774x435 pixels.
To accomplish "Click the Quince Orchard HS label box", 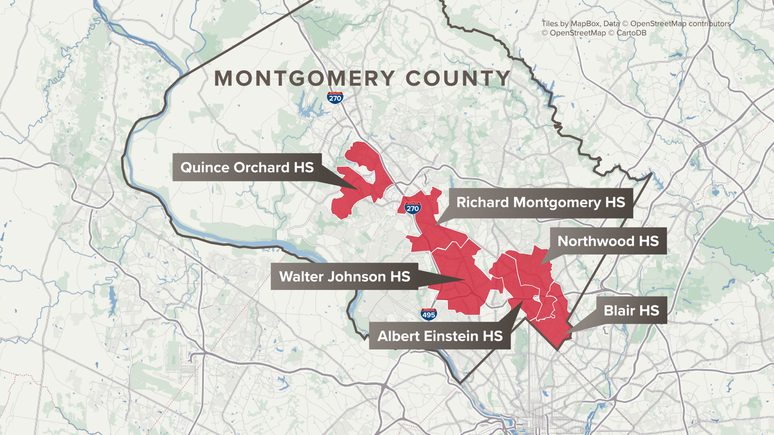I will point(247,167).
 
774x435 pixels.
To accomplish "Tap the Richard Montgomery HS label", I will point(540,203).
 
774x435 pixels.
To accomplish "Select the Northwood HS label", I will point(608,241).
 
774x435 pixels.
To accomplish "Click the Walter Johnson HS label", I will point(344,276).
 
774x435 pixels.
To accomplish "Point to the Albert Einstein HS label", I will point(439,336).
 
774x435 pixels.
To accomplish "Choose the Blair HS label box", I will point(631,310).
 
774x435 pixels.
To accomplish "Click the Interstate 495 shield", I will point(429,315).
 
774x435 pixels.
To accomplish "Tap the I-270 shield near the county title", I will point(335,98).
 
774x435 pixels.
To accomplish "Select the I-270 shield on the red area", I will point(413,208).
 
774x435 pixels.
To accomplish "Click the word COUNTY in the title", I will point(458,79).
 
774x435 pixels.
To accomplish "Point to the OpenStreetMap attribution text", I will point(577,33).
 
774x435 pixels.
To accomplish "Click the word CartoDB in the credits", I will point(631,33).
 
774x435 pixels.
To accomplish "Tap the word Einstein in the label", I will point(451,336).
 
